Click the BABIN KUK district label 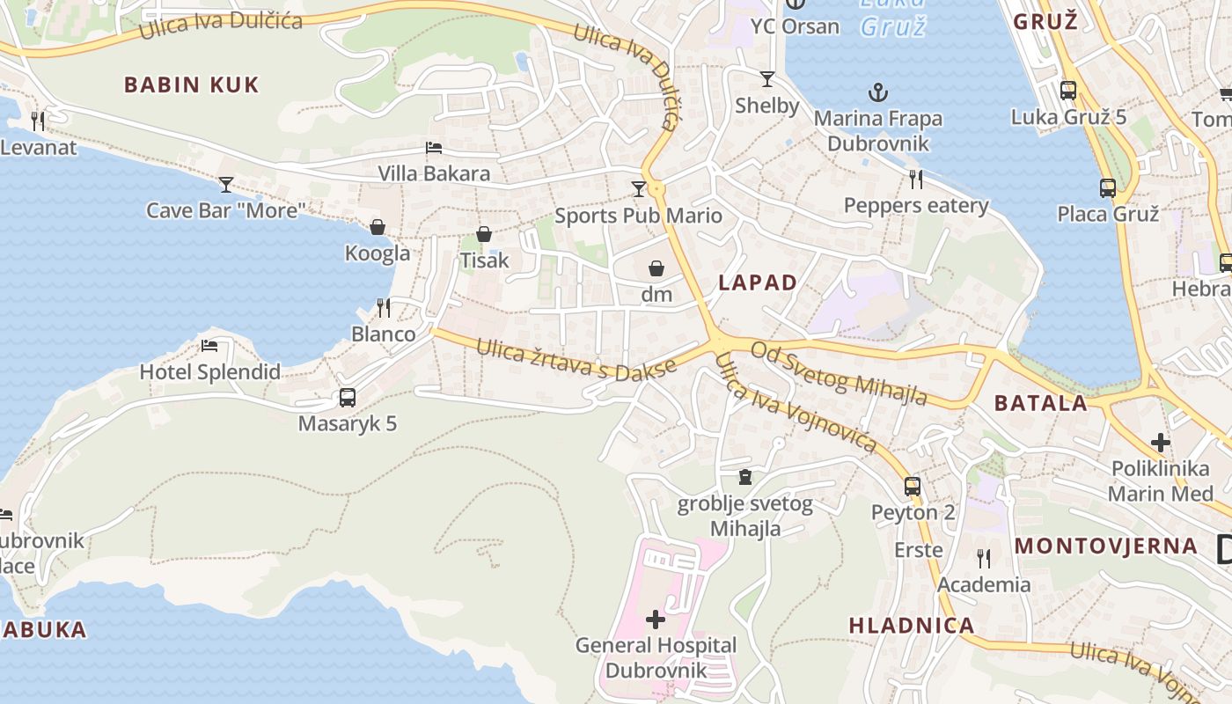coord(191,85)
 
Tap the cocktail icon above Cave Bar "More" coord(226,184)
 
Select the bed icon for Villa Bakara coord(433,148)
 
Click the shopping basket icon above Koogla coord(377,227)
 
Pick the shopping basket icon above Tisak coord(484,234)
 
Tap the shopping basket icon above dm coord(656,268)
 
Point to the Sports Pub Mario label coord(638,216)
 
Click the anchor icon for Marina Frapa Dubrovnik coord(877,92)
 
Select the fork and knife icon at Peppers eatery coord(916,180)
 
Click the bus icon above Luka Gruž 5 coord(1068,90)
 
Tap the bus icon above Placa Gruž coord(1108,187)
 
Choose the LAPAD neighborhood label coord(758,282)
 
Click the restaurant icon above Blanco coord(384,307)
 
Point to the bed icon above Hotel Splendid coord(209,346)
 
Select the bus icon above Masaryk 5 coord(348,398)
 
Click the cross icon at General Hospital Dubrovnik coord(656,620)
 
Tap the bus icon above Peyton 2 coord(913,486)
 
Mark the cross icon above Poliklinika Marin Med coord(1161,442)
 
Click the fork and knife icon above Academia coord(984,558)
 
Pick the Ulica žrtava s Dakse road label coord(576,362)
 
